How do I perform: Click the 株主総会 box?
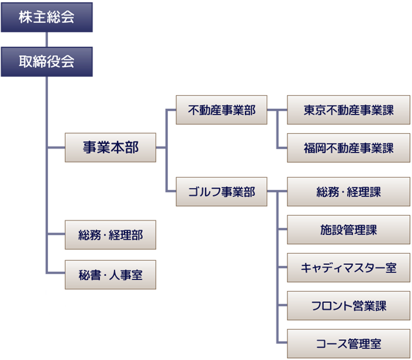(47, 17)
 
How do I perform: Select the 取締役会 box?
(47, 62)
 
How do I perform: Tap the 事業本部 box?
(111, 147)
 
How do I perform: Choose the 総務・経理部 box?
(111, 235)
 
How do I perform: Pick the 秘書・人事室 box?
(111, 275)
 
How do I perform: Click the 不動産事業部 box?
(221, 110)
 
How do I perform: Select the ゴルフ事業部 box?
(221, 191)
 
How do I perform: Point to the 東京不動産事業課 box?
(349, 110)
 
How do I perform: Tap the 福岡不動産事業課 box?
(349, 148)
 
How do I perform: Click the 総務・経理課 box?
(349, 191)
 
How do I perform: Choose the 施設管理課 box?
(349, 229)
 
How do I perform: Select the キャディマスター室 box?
(349, 268)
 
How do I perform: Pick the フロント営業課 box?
(349, 305)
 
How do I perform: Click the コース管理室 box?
(349, 343)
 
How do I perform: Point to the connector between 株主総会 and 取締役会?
(47, 40)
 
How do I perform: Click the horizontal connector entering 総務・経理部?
(56, 234)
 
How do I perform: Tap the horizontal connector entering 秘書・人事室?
(56, 273)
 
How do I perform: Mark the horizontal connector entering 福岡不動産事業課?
(282, 148)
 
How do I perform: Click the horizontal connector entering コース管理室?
(282, 342)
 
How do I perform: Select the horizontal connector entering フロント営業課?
(282, 305)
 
